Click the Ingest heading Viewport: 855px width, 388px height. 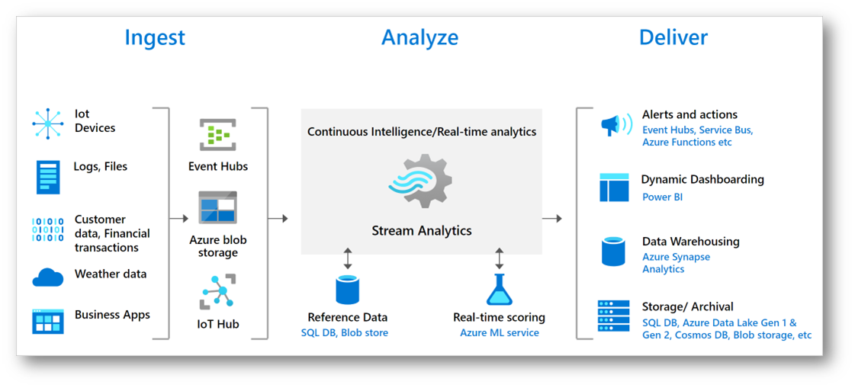pos(155,37)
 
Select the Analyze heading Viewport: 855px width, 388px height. pos(419,37)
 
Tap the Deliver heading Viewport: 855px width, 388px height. pos(673,37)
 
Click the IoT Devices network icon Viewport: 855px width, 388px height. pos(47,123)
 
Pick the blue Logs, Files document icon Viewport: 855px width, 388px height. pos(47,177)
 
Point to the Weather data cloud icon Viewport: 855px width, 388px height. pos(47,277)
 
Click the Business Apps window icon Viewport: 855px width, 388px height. pos(47,321)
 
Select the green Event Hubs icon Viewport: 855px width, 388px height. pos(218,136)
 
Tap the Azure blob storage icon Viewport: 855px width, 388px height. pos(218,207)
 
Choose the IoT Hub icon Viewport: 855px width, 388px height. pos(218,292)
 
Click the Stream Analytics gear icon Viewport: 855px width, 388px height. pos(421,181)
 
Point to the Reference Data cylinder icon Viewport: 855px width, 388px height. pos(347,290)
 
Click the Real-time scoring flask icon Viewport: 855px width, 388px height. pos(499,290)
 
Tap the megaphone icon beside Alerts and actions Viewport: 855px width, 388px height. pos(616,125)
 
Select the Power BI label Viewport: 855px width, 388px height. pos(662,197)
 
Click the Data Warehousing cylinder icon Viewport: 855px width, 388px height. pos(613,252)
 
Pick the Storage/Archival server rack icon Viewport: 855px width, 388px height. pos(614,316)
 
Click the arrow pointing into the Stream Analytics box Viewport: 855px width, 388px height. pos(279,219)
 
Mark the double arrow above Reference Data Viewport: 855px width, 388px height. pos(348,258)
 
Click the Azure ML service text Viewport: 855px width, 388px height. pos(499,333)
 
